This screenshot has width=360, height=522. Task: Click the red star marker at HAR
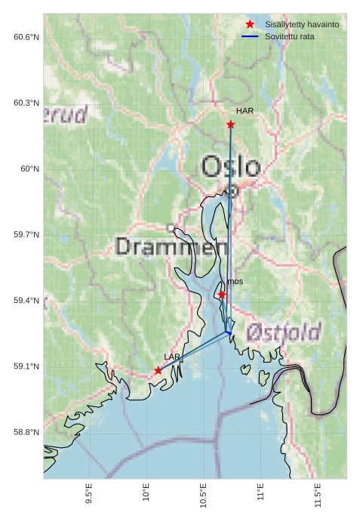coord(230,124)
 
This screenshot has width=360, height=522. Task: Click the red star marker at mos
coord(222,295)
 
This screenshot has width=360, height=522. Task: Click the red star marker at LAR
coord(158,370)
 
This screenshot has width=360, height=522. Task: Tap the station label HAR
coord(245,111)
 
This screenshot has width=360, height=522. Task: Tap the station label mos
coord(235,282)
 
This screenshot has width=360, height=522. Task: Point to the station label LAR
coord(172,357)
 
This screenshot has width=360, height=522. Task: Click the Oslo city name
coord(231,167)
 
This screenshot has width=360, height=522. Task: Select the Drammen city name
coord(173,246)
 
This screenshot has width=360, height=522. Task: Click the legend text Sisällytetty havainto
coord(301,25)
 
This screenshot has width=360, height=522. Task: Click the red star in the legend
coord(250,25)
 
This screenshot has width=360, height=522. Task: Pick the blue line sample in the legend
coord(250,36)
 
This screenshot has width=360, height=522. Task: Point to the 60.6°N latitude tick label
coord(26,37)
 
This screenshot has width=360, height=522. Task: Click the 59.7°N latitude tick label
coord(26,235)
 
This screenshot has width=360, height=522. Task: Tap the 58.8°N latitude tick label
coord(26,432)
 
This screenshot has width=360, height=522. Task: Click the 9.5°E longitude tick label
coord(89,494)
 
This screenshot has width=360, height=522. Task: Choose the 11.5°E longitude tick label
coord(318,494)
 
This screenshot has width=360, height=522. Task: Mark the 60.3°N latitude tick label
coord(26,103)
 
